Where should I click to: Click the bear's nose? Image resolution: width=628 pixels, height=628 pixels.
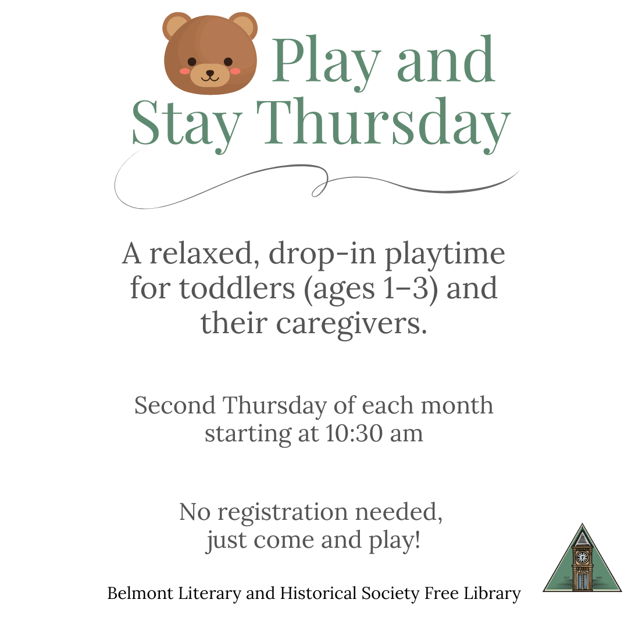coord(210,73)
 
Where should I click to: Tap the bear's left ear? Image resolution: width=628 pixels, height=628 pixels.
coord(176,25)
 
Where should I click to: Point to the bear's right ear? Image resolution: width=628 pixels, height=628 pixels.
coord(244,25)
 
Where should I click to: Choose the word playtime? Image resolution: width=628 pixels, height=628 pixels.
coord(445,255)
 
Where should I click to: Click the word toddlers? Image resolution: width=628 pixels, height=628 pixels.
coord(237,288)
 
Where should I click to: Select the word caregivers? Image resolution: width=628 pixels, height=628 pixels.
coord(352,324)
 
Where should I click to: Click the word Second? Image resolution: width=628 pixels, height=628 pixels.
coord(175,405)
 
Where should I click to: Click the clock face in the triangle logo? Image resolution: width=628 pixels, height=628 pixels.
coord(582,557)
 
